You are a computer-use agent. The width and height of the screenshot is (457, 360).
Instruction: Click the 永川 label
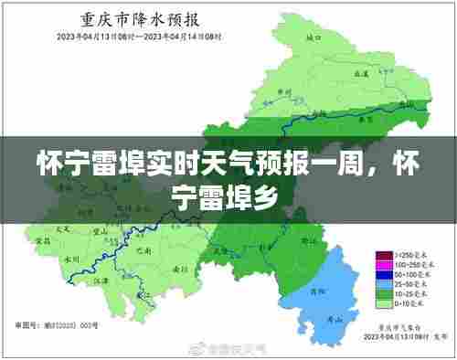(x=69, y=259)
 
